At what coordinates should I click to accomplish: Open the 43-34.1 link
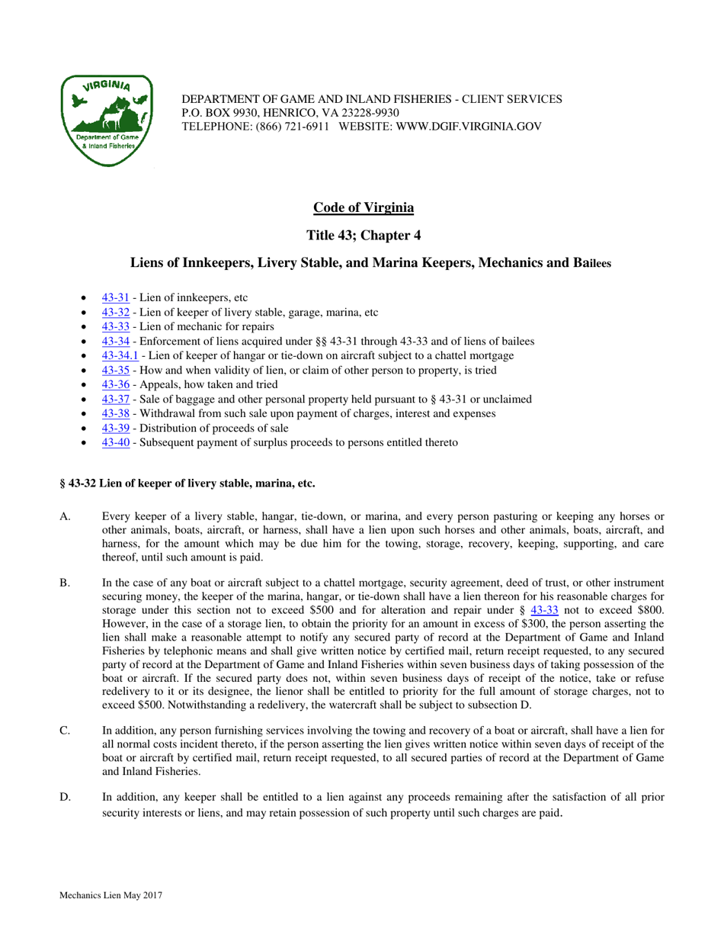coord(120,355)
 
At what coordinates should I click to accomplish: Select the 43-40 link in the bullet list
coord(115,442)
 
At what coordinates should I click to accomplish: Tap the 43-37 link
coord(115,399)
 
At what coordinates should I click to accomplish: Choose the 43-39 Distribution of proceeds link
coord(115,428)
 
